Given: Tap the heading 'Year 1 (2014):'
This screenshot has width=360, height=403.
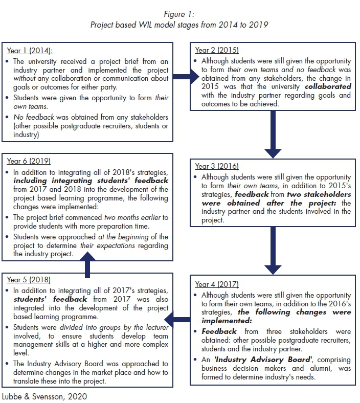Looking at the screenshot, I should coord(30,51).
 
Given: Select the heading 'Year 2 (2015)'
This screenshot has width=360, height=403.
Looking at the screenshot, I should coord(217,50).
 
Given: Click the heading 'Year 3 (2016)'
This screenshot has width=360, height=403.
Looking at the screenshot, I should coord(217,166).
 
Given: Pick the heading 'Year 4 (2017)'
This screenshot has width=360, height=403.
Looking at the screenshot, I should coord(217,284).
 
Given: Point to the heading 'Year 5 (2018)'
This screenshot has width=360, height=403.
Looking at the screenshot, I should coord(29,280).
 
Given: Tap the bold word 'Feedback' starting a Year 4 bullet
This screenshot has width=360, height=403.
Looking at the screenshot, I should coord(219,331).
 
